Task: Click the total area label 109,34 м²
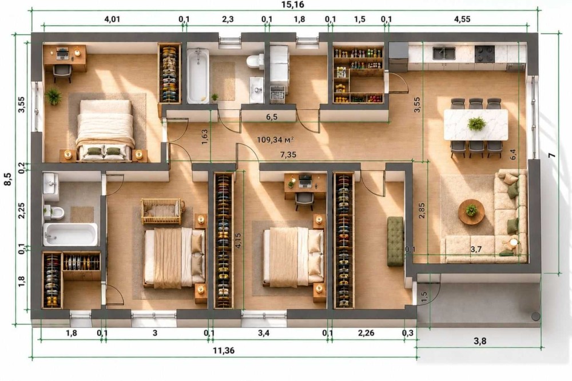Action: (x=276, y=140)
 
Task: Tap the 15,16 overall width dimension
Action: (x=292, y=5)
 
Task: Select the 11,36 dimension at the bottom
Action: (x=224, y=351)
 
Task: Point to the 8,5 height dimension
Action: (x=7, y=179)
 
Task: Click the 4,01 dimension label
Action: (x=112, y=19)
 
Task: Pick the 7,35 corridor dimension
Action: (x=288, y=154)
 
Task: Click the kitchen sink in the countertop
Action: (x=444, y=53)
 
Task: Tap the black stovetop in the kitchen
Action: (x=484, y=53)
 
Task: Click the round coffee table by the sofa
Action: (x=471, y=212)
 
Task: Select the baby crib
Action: (x=162, y=211)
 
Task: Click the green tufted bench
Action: (x=395, y=241)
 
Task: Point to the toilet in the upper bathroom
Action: (x=255, y=61)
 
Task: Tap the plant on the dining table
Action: (x=476, y=124)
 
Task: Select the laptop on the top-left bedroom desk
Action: (x=63, y=54)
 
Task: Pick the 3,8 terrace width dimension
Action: (x=480, y=341)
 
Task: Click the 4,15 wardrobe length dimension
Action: (x=239, y=240)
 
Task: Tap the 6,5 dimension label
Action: (x=271, y=117)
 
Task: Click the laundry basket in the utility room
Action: (x=277, y=95)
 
